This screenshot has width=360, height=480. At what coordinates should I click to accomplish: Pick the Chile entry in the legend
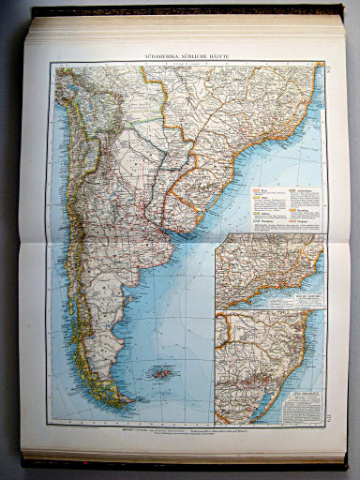pyautogui.click(x=263, y=200)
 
